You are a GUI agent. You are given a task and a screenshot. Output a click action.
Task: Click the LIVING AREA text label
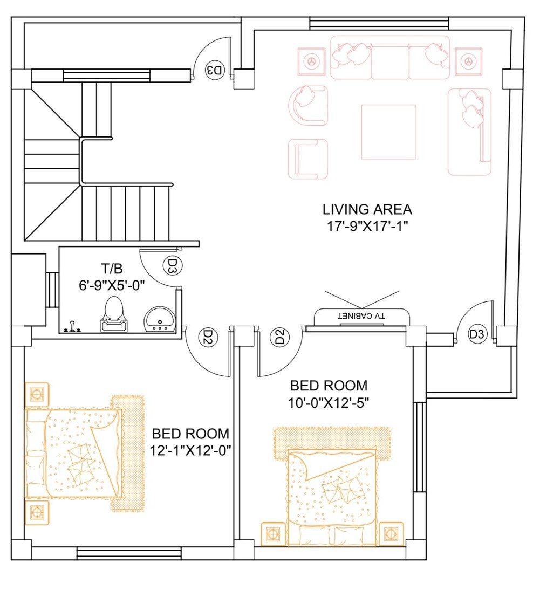[x=367, y=209]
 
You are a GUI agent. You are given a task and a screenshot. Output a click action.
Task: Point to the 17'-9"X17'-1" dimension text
[x=367, y=227]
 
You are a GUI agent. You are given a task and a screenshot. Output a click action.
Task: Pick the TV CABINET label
[x=361, y=315]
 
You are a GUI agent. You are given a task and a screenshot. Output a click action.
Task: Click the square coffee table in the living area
[x=388, y=132]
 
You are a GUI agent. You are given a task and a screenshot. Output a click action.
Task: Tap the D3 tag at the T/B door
[x=172, y=266]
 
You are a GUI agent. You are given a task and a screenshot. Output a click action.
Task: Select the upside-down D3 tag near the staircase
[x=214, y=70]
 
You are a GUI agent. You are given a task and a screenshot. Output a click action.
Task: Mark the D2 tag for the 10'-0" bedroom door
[x=279, y=338]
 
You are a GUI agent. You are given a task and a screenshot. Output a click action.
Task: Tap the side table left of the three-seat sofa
[x=312, y=61]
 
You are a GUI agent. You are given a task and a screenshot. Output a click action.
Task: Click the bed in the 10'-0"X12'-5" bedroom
[x=332, y=493]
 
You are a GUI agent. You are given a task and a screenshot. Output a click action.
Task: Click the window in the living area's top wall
[x=379, y=24]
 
